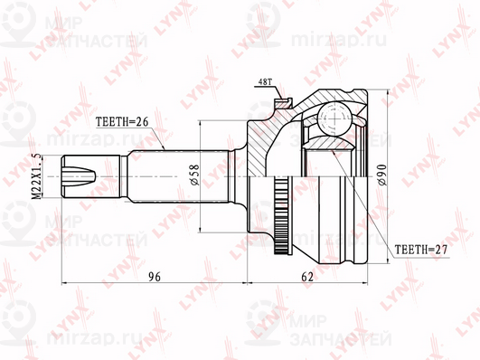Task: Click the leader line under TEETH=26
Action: point(154,138)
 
